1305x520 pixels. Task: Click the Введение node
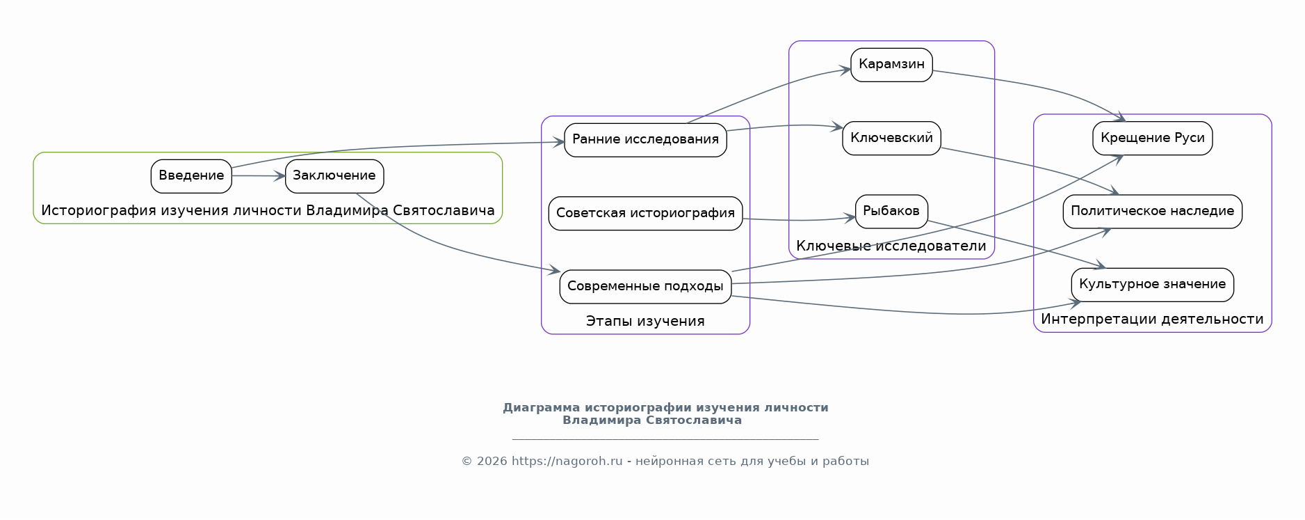191,176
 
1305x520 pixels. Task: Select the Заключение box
334,176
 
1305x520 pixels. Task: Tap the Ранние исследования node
645,140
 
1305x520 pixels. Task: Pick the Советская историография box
645,213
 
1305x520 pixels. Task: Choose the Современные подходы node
645,287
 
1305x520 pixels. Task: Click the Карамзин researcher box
891,65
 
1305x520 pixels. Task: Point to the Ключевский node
891,138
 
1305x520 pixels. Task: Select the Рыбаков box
891,212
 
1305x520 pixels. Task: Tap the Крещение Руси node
1153,138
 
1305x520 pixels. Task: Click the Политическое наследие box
1153,212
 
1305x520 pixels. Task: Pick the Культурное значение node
1153,285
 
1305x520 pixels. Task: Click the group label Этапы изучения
645,321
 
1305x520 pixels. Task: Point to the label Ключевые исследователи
891,246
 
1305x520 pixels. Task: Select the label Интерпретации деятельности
1153,319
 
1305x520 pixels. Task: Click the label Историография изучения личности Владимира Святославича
268,210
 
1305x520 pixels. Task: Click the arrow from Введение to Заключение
259,176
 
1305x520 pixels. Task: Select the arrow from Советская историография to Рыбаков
799,220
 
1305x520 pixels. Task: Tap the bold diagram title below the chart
665,413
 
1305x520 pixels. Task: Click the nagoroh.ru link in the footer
567,461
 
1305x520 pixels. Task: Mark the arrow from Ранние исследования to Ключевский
784,127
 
